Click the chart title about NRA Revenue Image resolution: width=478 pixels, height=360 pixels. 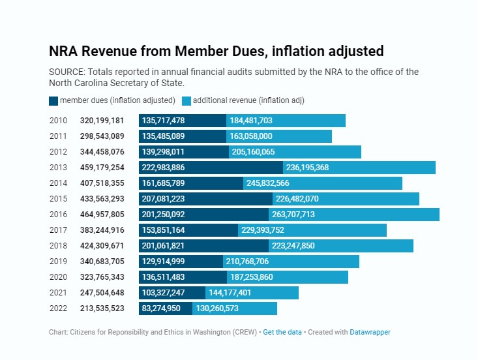[x=216, y=51]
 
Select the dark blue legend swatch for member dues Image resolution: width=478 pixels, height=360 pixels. [x=53, y=101]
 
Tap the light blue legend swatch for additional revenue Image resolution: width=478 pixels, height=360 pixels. [x=187, y=101]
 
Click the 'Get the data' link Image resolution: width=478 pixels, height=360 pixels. [x=282, y=332]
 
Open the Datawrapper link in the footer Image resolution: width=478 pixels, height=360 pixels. [x=370, y=332]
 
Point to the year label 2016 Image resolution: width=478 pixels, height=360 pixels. [x=58, y=215]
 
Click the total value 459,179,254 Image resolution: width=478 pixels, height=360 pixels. [x=102, y=168]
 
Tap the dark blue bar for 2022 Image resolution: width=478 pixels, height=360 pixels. [x=165, y=308]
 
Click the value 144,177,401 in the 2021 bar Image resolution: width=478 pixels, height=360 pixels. [x=234, y=293]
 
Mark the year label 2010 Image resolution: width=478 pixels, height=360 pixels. [x=58, y=121]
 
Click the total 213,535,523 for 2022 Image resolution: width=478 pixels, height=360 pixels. [x=102, y=308]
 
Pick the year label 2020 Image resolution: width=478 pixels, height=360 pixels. [x=58, y=277]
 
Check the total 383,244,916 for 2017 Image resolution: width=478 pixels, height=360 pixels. [x=102, y=230]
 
